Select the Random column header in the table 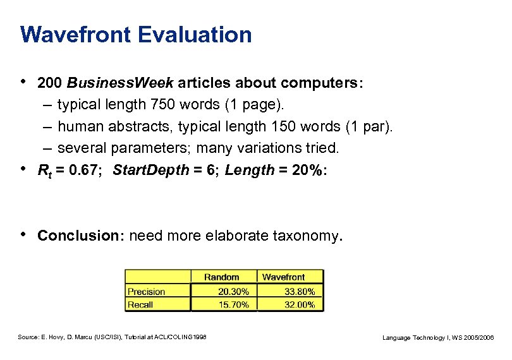(222, 277)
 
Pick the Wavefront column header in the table (283, 277)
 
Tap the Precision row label (146, 292)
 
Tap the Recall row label (140, 304)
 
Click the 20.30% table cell (233, 292)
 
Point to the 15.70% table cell (233, 304)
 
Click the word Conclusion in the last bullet (78, 236)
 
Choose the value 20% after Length (307, 170)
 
